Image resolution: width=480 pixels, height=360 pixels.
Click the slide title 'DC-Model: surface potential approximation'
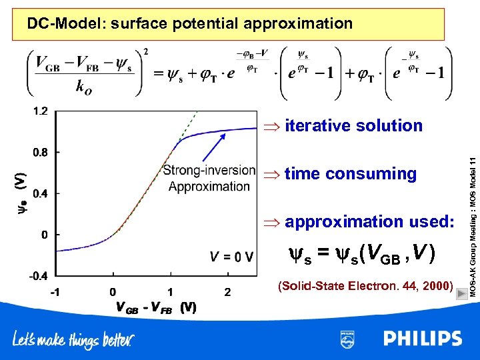pos(189,24)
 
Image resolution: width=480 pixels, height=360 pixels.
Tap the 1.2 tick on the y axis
pos(41,111)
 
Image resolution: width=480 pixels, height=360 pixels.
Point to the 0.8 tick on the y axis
pos(41,152)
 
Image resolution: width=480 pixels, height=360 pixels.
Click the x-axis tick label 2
pos(227,291)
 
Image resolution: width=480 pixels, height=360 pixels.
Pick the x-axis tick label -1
pos(57,291)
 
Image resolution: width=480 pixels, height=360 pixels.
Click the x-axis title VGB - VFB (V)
pos(156,307)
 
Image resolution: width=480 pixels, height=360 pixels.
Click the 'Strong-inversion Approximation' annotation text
pos(209,178)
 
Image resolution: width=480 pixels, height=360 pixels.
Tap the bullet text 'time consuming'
pos(350,174)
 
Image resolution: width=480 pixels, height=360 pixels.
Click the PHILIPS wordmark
pos(422,338)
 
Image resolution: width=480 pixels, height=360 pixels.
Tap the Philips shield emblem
pos(347,338)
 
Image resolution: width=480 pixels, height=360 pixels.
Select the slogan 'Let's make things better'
pos(73,339)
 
